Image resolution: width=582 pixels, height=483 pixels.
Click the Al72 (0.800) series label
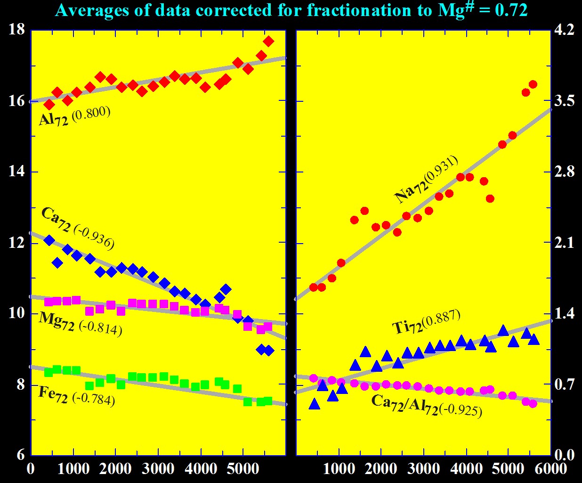point(74,116)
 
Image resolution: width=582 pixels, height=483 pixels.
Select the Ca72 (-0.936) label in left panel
point(78,228)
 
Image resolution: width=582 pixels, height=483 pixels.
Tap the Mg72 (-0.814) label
point(81,323)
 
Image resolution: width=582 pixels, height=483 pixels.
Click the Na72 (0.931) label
point(426,179)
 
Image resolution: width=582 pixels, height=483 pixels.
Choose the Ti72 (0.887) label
point(426,322)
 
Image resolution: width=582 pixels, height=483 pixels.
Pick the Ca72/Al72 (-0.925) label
point(427,405)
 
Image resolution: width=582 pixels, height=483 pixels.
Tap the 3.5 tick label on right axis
point(565,101)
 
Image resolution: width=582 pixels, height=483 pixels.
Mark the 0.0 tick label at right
point(565,455)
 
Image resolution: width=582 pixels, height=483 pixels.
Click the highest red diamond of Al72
point(268,41)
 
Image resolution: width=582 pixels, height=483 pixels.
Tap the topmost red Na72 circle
point(533,84)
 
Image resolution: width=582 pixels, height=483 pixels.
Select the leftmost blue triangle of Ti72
point(315,404)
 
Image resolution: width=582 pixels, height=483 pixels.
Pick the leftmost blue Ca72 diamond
point(49,240)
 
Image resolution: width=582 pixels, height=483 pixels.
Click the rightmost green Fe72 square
point(268,401)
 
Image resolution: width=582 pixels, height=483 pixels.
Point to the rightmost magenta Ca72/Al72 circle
point(533,403)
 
